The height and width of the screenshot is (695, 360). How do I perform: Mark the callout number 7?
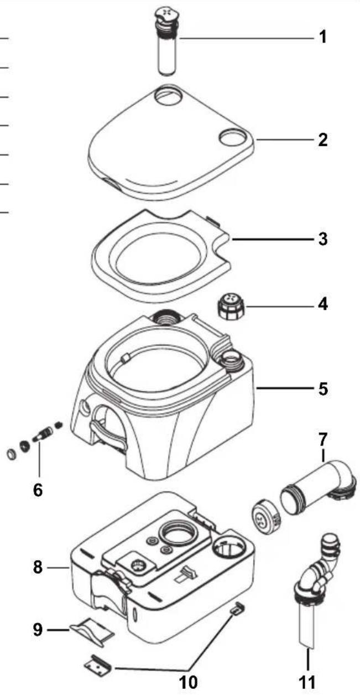coord(322,440)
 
